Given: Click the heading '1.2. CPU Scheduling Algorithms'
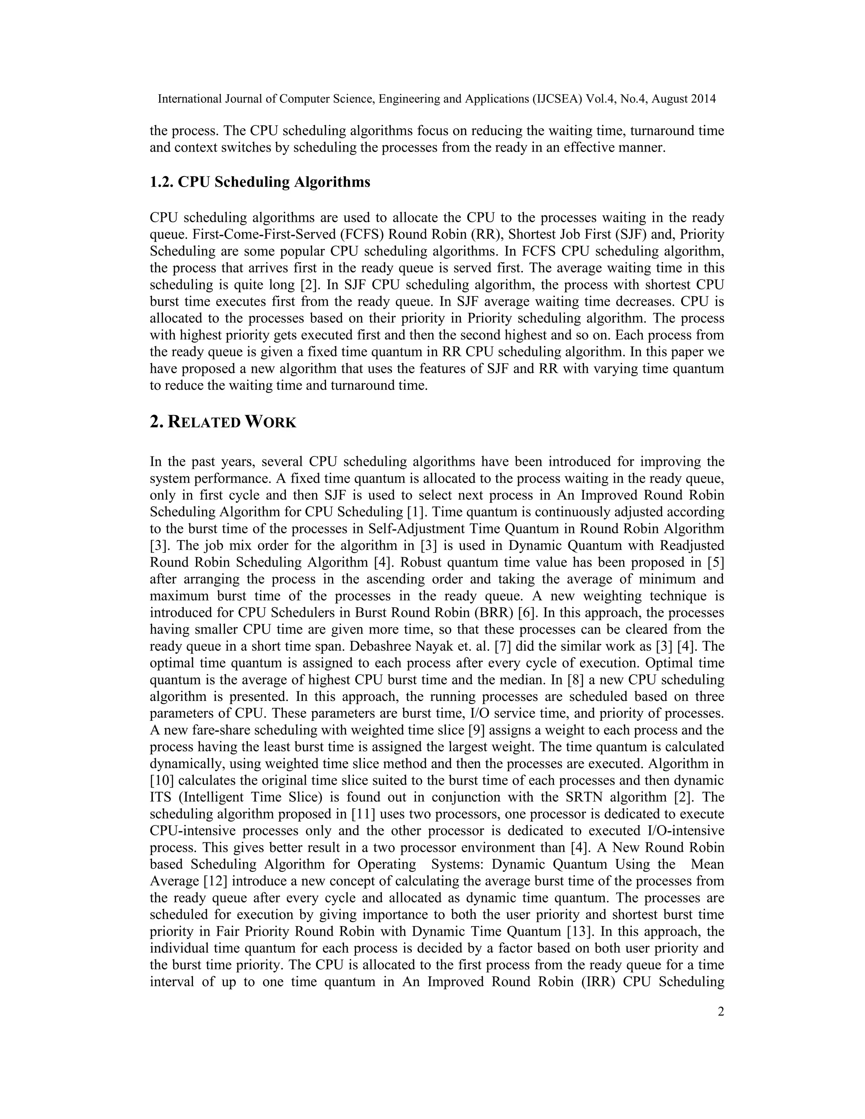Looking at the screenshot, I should (260, 182).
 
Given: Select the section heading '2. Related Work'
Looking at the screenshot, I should (223, 422).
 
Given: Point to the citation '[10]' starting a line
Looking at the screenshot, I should (161, 780).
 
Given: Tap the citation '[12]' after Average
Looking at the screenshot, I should (212, 881).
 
